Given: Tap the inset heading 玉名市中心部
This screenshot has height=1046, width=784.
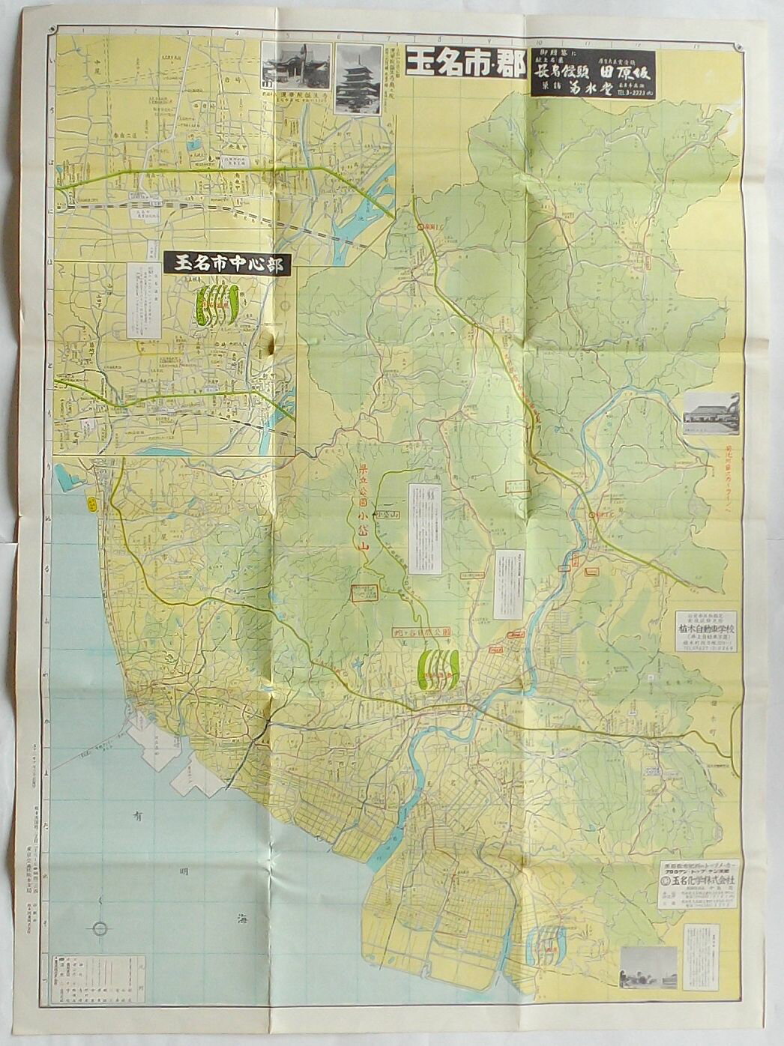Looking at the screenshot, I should [x=227, y=264].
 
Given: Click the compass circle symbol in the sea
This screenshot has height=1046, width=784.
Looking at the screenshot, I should [x=100, y=928].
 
